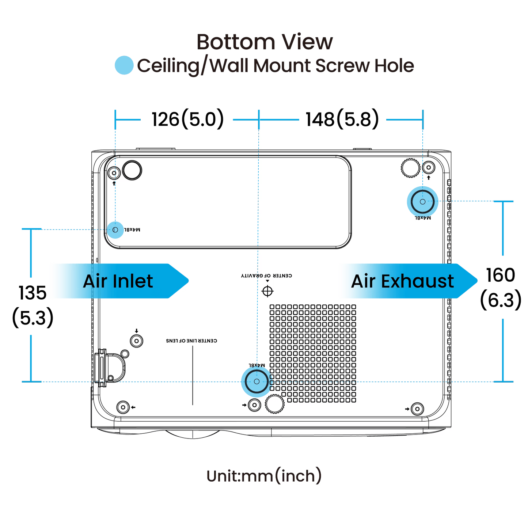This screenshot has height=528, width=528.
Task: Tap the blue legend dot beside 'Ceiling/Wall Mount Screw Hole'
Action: click(x=123, y=65)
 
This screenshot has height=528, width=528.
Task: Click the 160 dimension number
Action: click(x=499, y=275)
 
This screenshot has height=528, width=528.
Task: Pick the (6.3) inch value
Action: click(x=500, y=300)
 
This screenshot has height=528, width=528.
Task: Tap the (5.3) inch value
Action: click(x=34, y=318)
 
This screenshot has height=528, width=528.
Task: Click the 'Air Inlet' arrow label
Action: click(x=118, y=281)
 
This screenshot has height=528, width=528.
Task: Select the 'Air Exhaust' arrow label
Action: click(x=403, y=281)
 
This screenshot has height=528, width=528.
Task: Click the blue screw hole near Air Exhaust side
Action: click(x=422, y=201)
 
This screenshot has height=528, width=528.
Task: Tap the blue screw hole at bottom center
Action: click(x=256, y=381)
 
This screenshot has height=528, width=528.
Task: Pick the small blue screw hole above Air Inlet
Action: click(x=115, y=230)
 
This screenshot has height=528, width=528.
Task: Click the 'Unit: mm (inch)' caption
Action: click(x=264, y=476)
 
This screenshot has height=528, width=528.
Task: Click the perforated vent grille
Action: click(x=313, y=353)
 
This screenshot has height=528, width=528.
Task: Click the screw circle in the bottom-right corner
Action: click(x=417, y=408)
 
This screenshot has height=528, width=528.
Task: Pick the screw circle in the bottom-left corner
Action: click(x=123, y=407)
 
